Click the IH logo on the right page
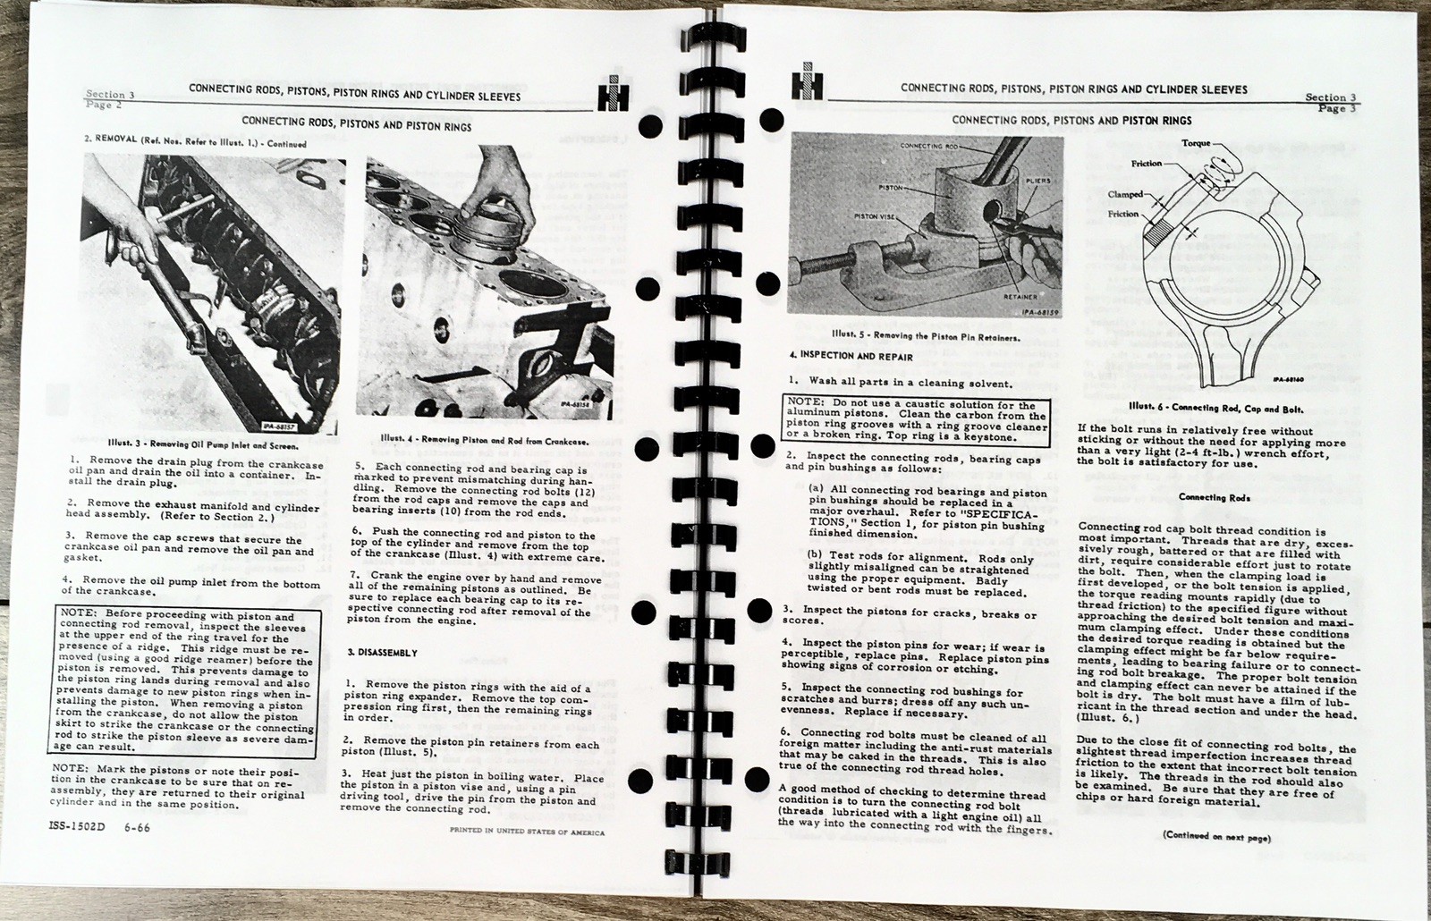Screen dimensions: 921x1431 (806, 88)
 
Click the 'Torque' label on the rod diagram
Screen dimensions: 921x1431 (1196, 142)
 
